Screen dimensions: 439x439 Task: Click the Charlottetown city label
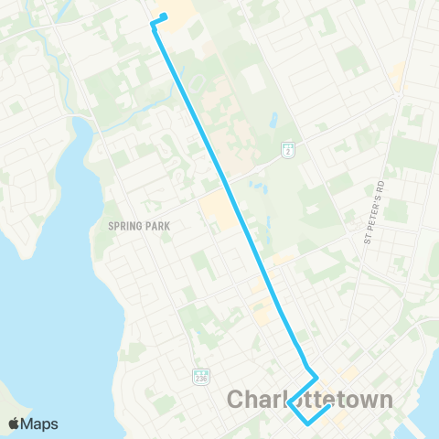(309, 400)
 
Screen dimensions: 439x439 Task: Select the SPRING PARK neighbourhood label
(140, 225)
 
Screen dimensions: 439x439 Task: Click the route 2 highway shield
(286, 148)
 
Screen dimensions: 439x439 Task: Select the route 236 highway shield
(201, 377)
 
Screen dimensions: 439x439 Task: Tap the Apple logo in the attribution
(14, 423)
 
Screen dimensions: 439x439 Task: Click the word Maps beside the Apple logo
(39, 423)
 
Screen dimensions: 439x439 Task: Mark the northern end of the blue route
(165, 15)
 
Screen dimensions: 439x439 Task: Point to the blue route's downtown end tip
(327, 406)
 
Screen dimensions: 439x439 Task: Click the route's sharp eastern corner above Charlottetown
(316, 376)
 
